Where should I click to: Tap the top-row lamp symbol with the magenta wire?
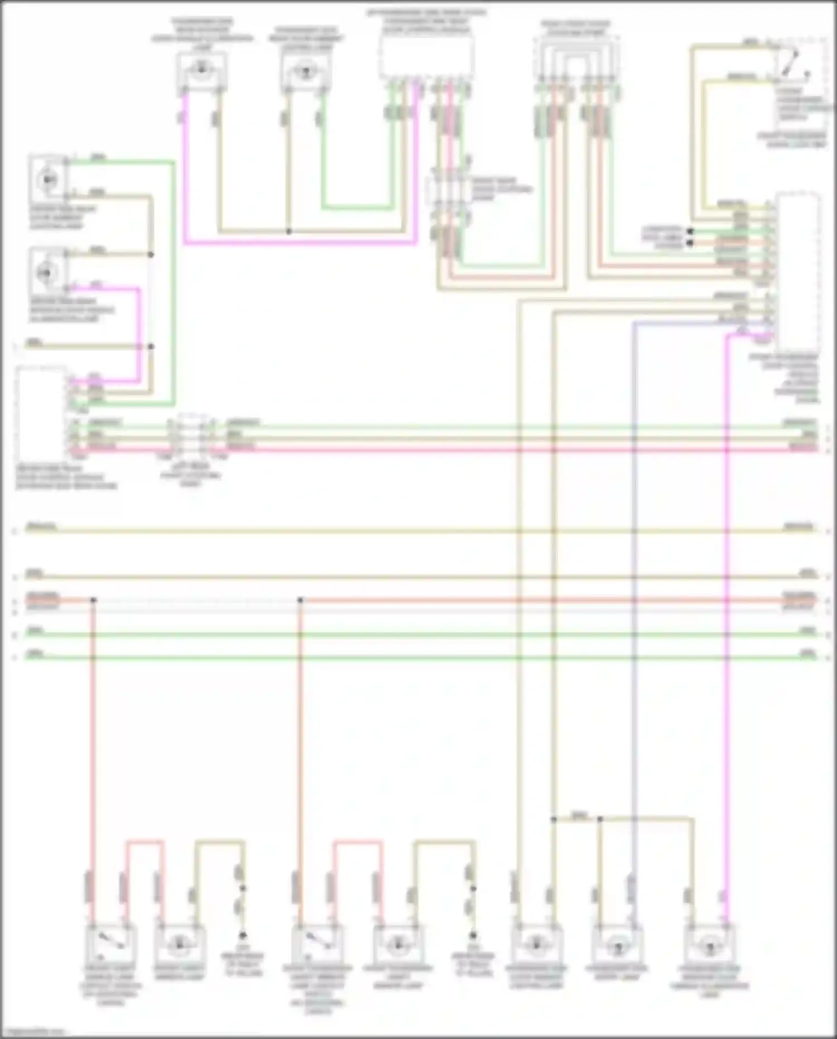click(201, 71)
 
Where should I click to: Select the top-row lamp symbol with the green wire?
click(304, 71)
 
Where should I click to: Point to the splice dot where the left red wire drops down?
click(93, 600)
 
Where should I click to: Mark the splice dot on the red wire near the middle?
click(300, 600)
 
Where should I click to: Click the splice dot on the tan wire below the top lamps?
click(288, 231)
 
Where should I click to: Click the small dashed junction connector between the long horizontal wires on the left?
click(191, 436)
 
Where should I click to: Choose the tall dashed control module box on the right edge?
click(798, 271)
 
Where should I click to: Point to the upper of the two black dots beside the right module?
click(690, 231)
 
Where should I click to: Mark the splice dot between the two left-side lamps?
click(151, 255)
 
